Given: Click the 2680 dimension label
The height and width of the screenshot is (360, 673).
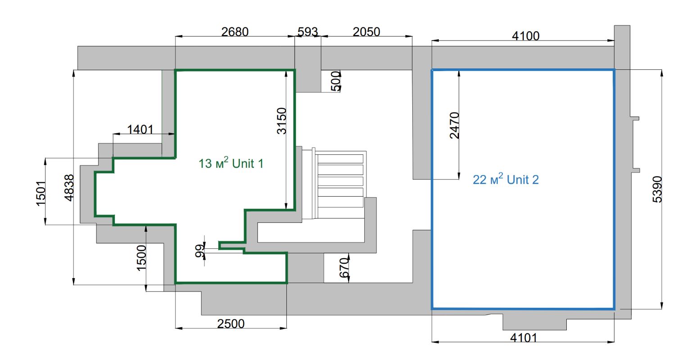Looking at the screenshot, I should pos(235,32).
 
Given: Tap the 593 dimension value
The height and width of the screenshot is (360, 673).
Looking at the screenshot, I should pos(308,32).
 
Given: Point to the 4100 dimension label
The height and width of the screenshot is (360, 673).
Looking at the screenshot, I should pos(525,36).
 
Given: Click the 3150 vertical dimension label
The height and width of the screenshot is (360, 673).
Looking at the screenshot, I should pos(281,121).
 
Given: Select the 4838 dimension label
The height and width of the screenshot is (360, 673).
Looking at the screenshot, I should pos(68,188).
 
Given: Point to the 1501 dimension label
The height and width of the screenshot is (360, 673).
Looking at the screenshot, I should pos(41,193).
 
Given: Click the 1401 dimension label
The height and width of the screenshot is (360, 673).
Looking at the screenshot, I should pos(140,130).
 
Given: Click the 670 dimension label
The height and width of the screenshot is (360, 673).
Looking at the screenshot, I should pos(343,269).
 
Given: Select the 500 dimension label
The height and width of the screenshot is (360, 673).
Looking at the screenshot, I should pos(336,81).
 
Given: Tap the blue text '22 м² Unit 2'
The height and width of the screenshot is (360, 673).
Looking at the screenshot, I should pos(506,180).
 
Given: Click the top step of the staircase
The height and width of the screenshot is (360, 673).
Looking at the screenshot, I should pos(340,158).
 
